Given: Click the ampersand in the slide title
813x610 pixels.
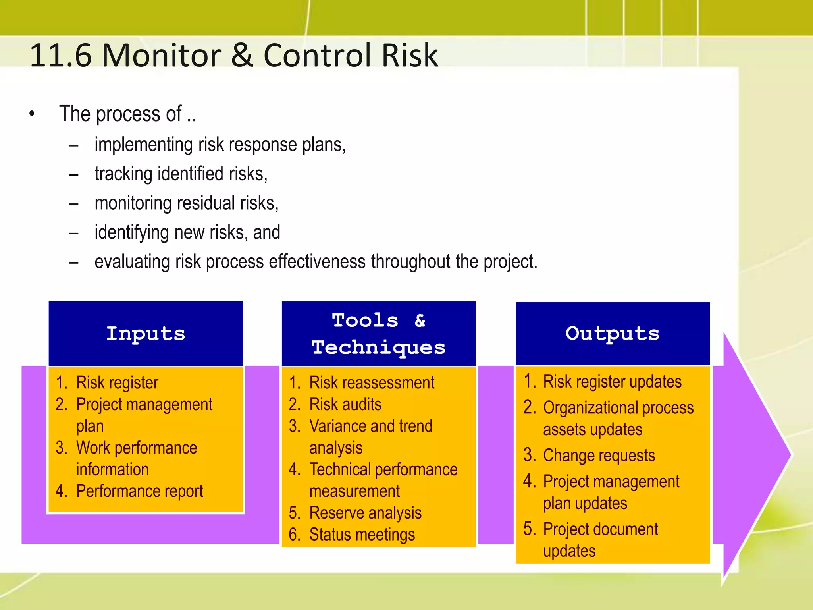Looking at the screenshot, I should click(x=242, y=56).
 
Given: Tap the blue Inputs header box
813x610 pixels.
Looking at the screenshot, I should click(x=145, y=334).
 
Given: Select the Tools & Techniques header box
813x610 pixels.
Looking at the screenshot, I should click(x=378, y=334).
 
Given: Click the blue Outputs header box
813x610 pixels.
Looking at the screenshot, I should click(x=613, y=334).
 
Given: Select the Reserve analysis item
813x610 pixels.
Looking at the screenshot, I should click(x=365, y=513).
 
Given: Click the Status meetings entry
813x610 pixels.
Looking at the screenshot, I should click(x=362, y=535).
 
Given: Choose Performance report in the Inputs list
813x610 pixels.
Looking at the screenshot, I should click(x=139, y=491).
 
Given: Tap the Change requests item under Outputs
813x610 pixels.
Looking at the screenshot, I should click(x=599, y=455).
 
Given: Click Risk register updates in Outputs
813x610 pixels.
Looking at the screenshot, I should click(x=612, y=382).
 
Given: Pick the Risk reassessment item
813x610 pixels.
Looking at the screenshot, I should click(x=372, y=383).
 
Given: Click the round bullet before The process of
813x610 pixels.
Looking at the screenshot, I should click(x=32, y=114).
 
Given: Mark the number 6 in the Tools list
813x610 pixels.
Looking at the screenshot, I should click(x=293, y=535).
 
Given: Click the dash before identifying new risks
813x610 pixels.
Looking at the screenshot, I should click(x=73, y=233).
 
